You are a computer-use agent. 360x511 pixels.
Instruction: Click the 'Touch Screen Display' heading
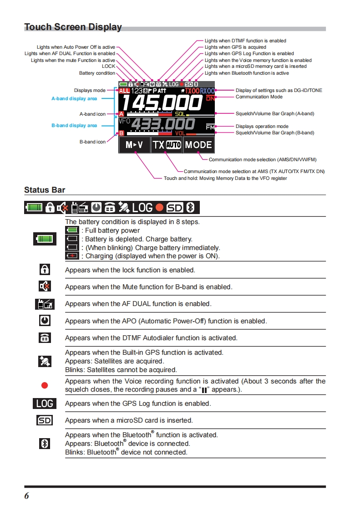coord(73,27)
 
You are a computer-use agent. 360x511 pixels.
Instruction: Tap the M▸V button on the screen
coord(134,145)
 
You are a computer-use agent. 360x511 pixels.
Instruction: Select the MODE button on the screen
coord(198,145)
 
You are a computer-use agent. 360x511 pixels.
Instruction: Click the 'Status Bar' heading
coord(45,190)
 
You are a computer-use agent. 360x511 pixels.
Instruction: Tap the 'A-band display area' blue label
coord(74,98)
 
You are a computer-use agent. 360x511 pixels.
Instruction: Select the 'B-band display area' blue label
coord(74,125)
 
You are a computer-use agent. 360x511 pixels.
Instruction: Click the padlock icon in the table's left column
coord(45,270)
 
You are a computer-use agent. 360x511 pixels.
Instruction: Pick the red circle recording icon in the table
coord(45,385)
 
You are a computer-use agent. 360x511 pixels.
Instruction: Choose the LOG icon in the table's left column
coord(45,403)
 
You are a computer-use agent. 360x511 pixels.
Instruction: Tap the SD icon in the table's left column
coord(45,420)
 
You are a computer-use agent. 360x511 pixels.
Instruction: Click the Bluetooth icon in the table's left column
coord(45,444)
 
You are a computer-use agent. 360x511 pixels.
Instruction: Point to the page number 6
coord(26,496)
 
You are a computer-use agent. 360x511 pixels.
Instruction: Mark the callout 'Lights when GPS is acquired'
coord(235,47)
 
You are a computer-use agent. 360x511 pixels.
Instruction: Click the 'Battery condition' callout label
coord(97,73)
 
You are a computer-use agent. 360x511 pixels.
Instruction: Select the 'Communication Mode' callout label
coord(259,97)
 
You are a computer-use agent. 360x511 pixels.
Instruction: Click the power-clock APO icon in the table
coord(45,321)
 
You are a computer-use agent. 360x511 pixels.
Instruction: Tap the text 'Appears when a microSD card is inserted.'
coord(129,420)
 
